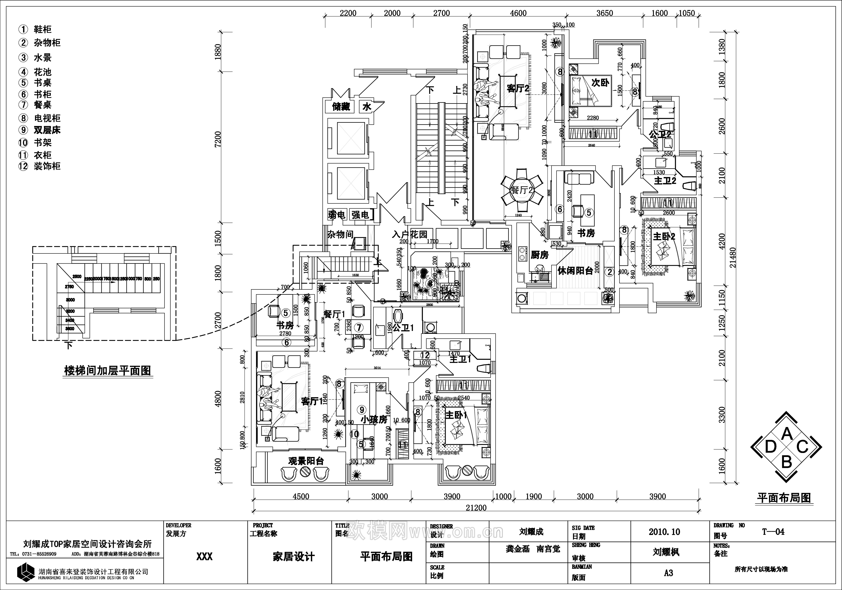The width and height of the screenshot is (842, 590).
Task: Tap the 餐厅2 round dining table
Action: (522, 191)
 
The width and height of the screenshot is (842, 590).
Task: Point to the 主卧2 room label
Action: (664, 236)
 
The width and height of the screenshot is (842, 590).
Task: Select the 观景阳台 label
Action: (306, 461)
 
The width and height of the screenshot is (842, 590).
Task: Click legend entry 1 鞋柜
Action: (43, 29)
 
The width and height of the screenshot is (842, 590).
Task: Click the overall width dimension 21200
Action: (476, 507)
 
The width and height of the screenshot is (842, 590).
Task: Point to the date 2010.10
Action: (664, 532)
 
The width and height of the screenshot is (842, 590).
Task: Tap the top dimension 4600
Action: (518, 13)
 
